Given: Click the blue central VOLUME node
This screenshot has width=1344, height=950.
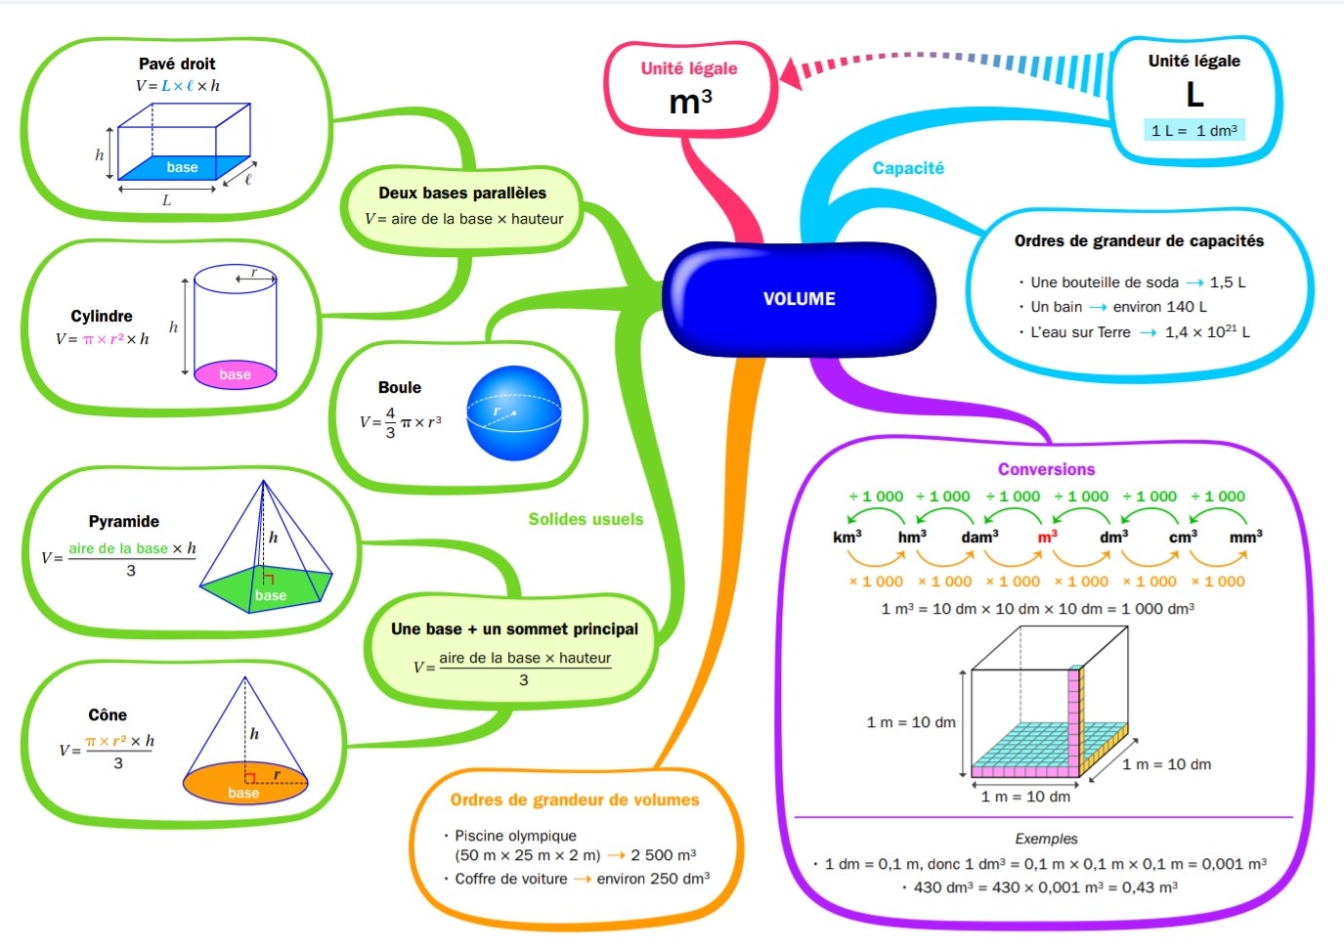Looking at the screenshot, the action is coord(799,298).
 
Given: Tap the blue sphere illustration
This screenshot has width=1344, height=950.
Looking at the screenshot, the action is coord(513,412).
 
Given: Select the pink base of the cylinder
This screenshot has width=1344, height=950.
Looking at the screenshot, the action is coord(235,374).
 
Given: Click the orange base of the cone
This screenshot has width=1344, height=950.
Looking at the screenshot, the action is coord(244,783).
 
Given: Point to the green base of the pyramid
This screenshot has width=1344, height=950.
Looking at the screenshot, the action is coord(267,588).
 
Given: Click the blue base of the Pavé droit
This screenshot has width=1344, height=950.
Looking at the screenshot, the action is coord(184,167).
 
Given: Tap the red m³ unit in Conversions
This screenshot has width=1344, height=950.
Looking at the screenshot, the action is coord(1047,536).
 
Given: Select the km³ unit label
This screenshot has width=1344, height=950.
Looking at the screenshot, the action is coord(846,536).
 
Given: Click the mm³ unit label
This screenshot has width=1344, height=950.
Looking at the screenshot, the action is coord(1245,536).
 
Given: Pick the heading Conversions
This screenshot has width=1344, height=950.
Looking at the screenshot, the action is coord(1047,469).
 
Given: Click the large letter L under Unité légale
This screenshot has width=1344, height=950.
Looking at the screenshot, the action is coord(1194,94).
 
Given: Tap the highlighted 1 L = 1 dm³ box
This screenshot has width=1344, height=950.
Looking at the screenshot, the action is coord(1194,130).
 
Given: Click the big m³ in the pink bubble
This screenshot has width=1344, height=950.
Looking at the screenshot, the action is coord(690,102).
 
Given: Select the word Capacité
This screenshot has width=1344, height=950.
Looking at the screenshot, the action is coord(908,168).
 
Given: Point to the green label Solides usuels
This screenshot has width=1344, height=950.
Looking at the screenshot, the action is coord(585,519).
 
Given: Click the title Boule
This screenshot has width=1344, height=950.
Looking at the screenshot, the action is coord(400,387).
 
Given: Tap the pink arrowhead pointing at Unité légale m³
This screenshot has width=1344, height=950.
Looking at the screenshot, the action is coord(791,73).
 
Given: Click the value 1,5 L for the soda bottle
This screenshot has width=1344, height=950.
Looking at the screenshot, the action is coord(1228,282).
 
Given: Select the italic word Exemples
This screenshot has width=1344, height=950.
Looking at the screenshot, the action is coord(1047,839).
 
